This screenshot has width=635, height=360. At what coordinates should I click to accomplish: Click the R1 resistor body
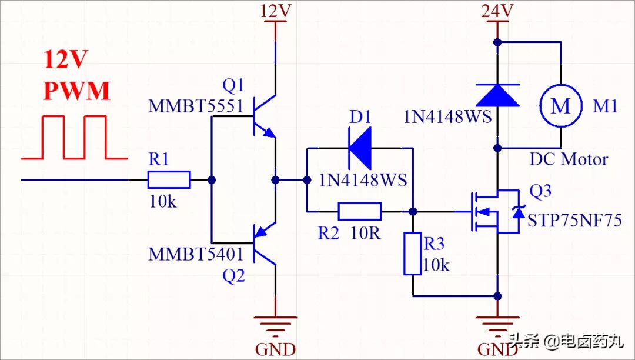pyautogui.click(x=169, y=179)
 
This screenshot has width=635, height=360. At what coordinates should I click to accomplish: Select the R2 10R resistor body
pyautogui.click(x=360, y=211)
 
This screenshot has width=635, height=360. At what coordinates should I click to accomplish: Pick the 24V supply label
pyautogui.click(x=497, y=11)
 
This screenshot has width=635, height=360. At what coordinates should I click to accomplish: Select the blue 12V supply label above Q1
pyautogui.click(x=275, y=11)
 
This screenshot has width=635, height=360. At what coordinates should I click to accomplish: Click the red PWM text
pyautogui.click(x=77, y=92)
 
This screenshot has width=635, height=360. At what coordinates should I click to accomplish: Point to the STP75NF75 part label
pyautogui.click(x=574, y=221)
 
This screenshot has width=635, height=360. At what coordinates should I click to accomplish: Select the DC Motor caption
pyautogui.click(x=569, y=159)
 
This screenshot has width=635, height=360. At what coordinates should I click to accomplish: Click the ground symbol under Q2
pyautogui.click(x=275, y=324)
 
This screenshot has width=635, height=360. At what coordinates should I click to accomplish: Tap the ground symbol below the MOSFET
pyautogui.click(x=497, y=324)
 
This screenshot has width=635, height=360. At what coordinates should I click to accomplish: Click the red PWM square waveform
pyautogui.click(x=74, y=138)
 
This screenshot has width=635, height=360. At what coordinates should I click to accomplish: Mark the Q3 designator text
pyautogui.click(x=540, y=192)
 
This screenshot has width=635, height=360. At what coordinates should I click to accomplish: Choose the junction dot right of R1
pyautogui.click(x=212, y=179)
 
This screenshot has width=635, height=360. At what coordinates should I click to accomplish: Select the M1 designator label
pyautogui.click(x=605, y=106)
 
